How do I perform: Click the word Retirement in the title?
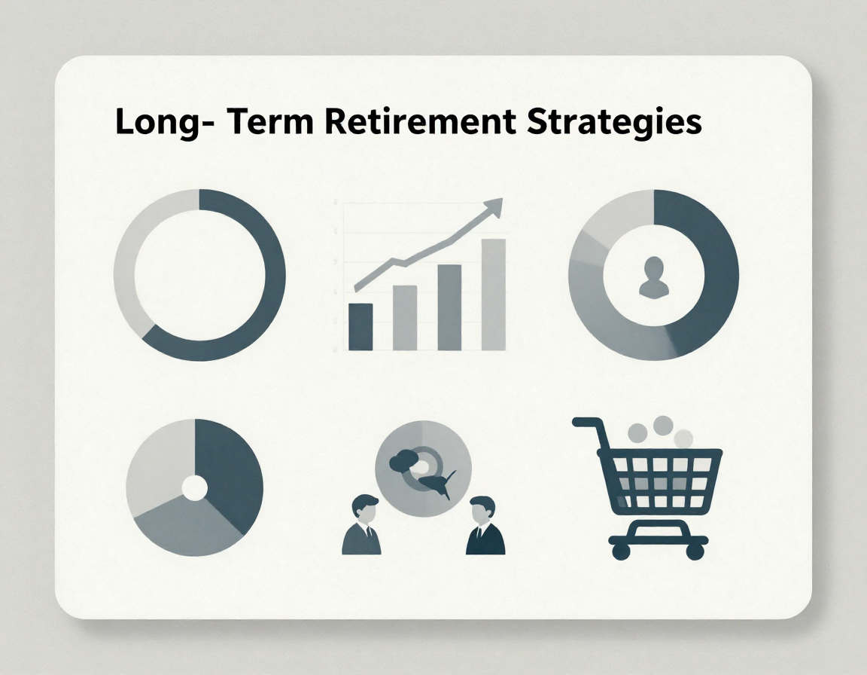(x=420, y=122)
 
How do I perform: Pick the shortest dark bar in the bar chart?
(x=360, y=326)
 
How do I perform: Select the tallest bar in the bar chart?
(x=494, y=295)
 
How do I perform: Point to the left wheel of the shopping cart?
(x=621, y=551)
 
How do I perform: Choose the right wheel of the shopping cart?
(x=695, y=551)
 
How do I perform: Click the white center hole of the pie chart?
(x=195, y=488)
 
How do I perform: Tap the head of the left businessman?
(x=365, y=509)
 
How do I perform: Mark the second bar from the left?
(x=405, y=318)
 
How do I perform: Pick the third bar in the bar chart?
(x=449, y=307)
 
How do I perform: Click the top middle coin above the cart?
(x=662, y=426)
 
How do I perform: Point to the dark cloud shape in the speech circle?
(x=403, y=460)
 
